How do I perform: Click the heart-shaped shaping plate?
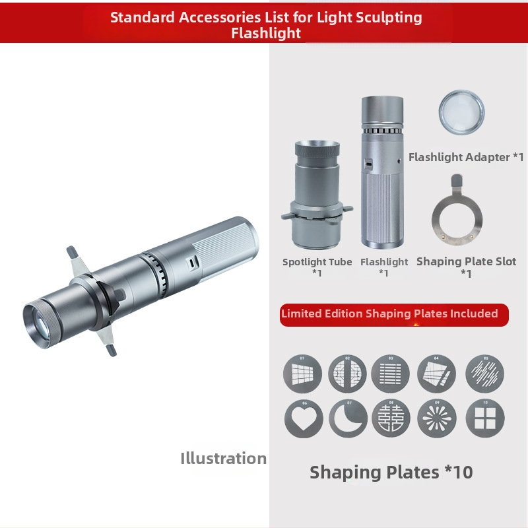tap(304, 418)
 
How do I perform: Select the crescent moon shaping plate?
tap(348, 418)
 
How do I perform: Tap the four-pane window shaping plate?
tap(485, 418)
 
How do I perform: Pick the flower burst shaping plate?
tap(437, 418)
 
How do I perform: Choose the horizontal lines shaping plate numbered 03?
tap(391, 374)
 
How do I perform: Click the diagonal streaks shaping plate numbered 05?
tap(485, 374)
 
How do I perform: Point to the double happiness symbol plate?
tap(391, 418)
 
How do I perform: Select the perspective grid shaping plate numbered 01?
tap(302, 374)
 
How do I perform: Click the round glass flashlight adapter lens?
tap(461, 112)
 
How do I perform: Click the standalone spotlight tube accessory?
tap(317, 195)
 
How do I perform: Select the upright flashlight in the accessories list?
tap(383, 172)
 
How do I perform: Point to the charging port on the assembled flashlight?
tap(192, 262)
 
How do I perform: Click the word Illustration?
tap(223, 458)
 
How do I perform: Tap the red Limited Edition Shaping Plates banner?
tap(394, 315)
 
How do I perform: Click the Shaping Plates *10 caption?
tap(391, 472)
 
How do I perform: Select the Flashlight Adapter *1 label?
tap(467, 157)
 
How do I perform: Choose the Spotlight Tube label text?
tap(317, 261)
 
